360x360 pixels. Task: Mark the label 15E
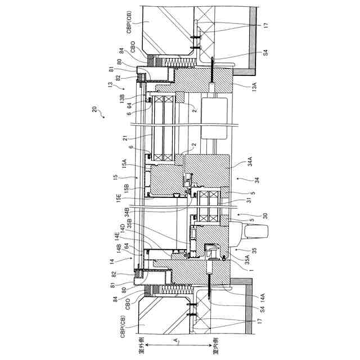point(119,197)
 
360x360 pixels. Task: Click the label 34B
point(129,211)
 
